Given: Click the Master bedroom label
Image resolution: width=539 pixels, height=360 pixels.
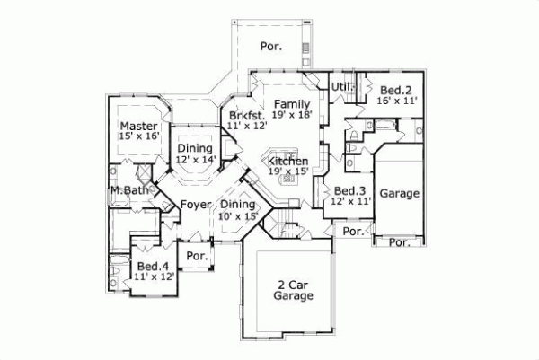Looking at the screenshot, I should (139, 125).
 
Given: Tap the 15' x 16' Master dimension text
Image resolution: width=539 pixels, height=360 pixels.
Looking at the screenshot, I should (139, 136).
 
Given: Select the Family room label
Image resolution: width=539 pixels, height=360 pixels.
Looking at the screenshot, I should (292, 103).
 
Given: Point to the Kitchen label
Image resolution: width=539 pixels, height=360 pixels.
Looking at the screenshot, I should (287, 160).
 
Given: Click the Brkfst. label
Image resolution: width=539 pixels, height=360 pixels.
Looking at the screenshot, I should (246, 115).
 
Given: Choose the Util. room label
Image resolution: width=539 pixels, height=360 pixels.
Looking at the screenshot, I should (340, 86).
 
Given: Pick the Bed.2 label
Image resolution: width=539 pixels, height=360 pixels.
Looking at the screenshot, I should (395, 90).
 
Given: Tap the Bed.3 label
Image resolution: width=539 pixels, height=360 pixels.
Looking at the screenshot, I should (350, 191).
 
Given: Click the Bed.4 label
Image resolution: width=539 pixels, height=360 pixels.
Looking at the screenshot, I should (152, 267).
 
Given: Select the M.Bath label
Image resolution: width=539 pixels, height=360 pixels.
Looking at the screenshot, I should (128, 190).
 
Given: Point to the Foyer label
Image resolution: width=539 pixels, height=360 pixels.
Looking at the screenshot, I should (195, 205).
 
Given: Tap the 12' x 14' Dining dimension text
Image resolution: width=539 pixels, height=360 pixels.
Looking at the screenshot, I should (195, 160).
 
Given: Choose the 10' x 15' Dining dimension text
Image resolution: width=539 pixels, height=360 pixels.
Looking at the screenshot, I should (239, 215).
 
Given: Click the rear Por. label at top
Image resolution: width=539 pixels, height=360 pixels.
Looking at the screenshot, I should (270, 45).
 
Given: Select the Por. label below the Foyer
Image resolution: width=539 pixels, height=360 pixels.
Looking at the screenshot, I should (196, 257).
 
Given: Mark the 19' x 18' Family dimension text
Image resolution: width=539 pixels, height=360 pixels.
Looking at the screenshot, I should (292, 115).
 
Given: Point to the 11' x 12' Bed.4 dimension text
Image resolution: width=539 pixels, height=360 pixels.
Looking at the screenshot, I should (152, 278).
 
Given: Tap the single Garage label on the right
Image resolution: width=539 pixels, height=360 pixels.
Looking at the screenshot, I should (401, 193).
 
